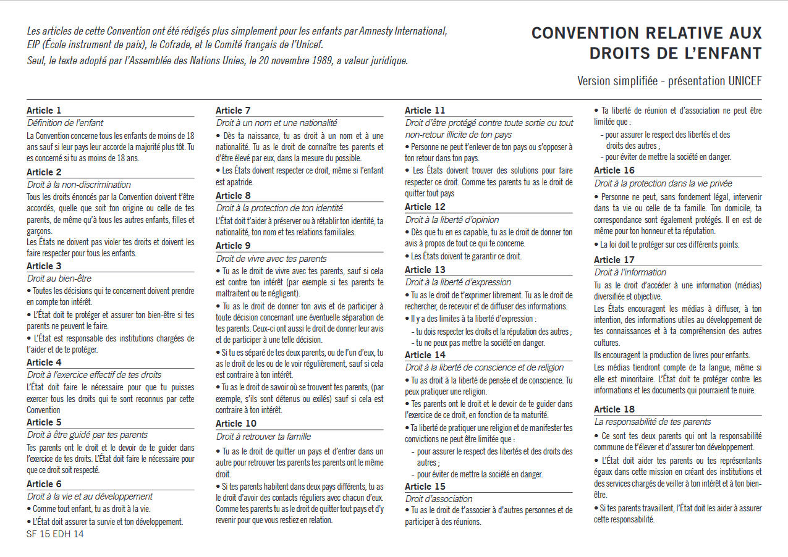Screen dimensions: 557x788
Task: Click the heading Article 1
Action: point(44,111)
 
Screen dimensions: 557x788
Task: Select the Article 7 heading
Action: point(233,111)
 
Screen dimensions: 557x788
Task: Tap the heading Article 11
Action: point(425,111)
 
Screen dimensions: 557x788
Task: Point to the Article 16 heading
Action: point(614,170)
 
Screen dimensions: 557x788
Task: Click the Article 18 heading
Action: point(614,409)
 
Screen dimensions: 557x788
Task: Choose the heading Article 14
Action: point(425,355)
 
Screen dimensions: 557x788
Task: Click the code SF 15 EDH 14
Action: point(55,534)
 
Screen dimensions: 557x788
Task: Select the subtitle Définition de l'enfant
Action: point(66,123)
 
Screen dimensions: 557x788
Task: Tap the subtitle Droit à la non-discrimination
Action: point(79,185)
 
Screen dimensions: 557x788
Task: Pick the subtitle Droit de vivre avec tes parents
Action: point(271,259)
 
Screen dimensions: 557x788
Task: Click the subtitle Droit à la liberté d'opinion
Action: point(452,220)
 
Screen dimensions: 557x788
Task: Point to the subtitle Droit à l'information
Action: point(630,272)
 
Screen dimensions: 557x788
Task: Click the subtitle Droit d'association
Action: point(439,499)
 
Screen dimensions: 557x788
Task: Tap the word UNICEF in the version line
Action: point(745,81)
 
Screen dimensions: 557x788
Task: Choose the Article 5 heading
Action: point(44,422)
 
